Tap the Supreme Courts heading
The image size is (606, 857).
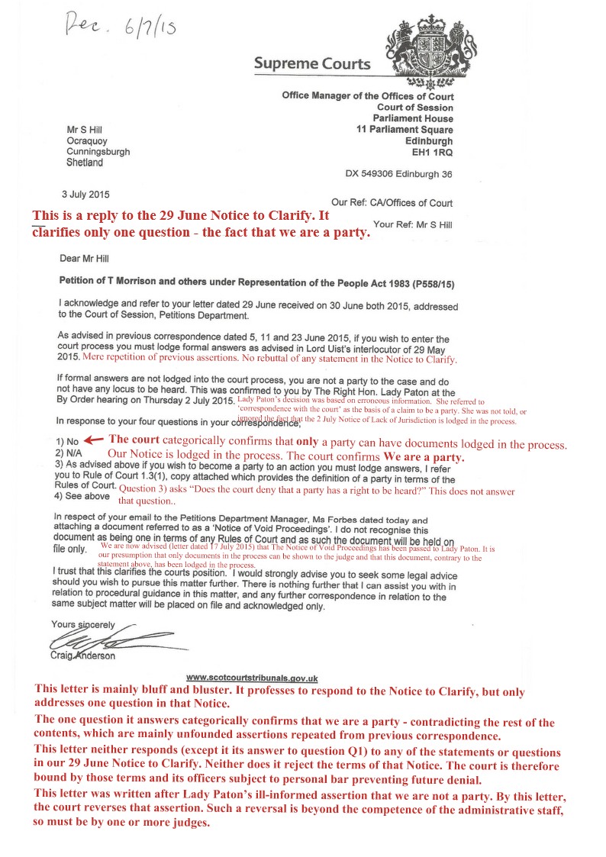pyautogui.click(x=313, y=64)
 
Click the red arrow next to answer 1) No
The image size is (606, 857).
pyautogui.click(x=93, y=440)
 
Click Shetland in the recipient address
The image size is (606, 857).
pyautogui.click(x=85, y=163)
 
